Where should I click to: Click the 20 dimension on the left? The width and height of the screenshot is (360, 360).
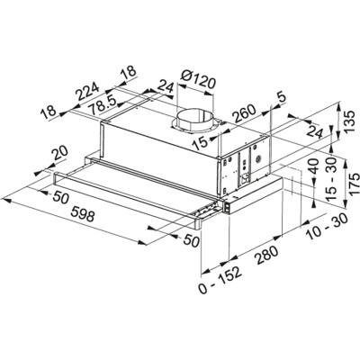pos(58,155)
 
